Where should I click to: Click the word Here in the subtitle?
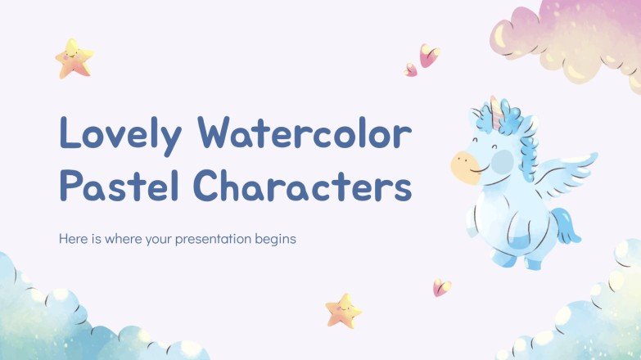point(72,241)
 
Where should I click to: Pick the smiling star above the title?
point(74,58)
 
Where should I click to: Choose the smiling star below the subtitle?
point(343,310)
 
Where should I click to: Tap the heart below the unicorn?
point(442,287)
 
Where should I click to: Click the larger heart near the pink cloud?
point(428,56)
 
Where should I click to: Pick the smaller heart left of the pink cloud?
point(410,70)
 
